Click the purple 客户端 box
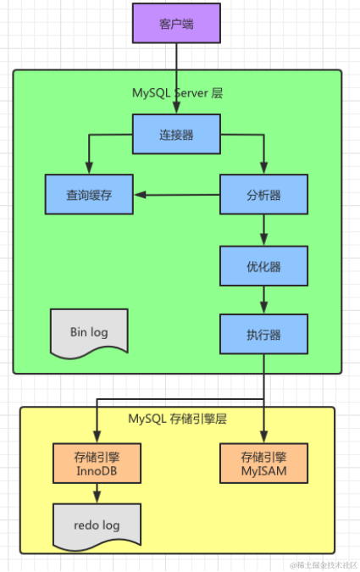(176, 23)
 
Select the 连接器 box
(176, 134)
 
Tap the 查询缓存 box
(89, 195)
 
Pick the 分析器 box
(263, 195)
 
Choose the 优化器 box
(263, 266)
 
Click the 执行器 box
(263, 334)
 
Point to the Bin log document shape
(89, 331)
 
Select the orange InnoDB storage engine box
(96, 462)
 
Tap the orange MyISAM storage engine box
(263, 462)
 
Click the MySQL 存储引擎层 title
(177, 419)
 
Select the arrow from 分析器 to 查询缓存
(178, 195)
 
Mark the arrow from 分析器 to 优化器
(263, 229)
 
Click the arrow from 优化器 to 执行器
(263, 300)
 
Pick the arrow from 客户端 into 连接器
(176, 76)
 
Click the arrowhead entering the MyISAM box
(263, 436)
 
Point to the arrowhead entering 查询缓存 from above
(89, 169)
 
